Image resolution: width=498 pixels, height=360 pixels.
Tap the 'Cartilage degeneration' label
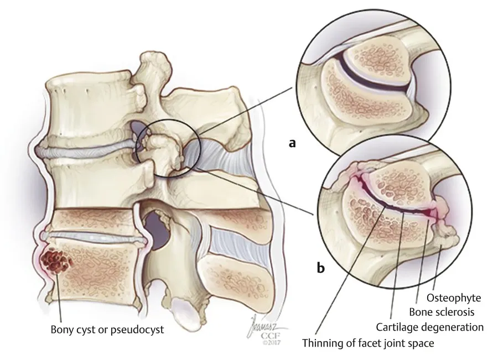[430, 327]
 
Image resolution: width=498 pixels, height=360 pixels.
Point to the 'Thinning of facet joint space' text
[367, 343]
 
